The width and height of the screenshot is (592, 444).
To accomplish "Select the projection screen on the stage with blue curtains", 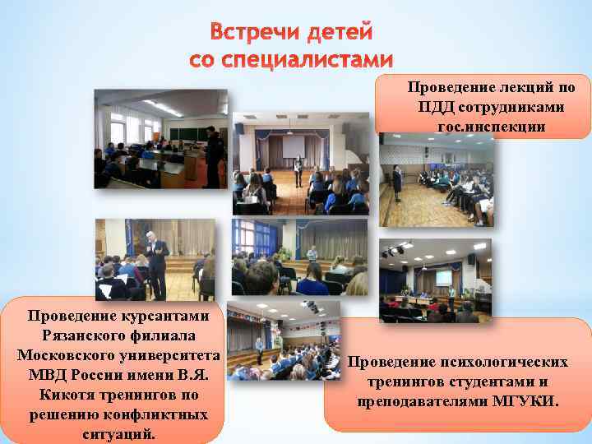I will (x=294, y=146).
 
